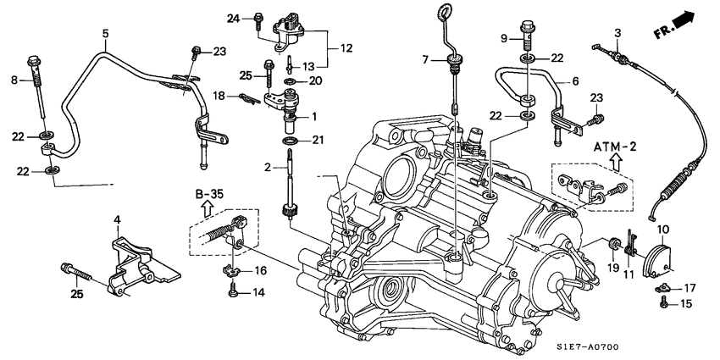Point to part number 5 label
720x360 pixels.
(106, 34)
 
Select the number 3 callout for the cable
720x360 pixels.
(618, 34)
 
